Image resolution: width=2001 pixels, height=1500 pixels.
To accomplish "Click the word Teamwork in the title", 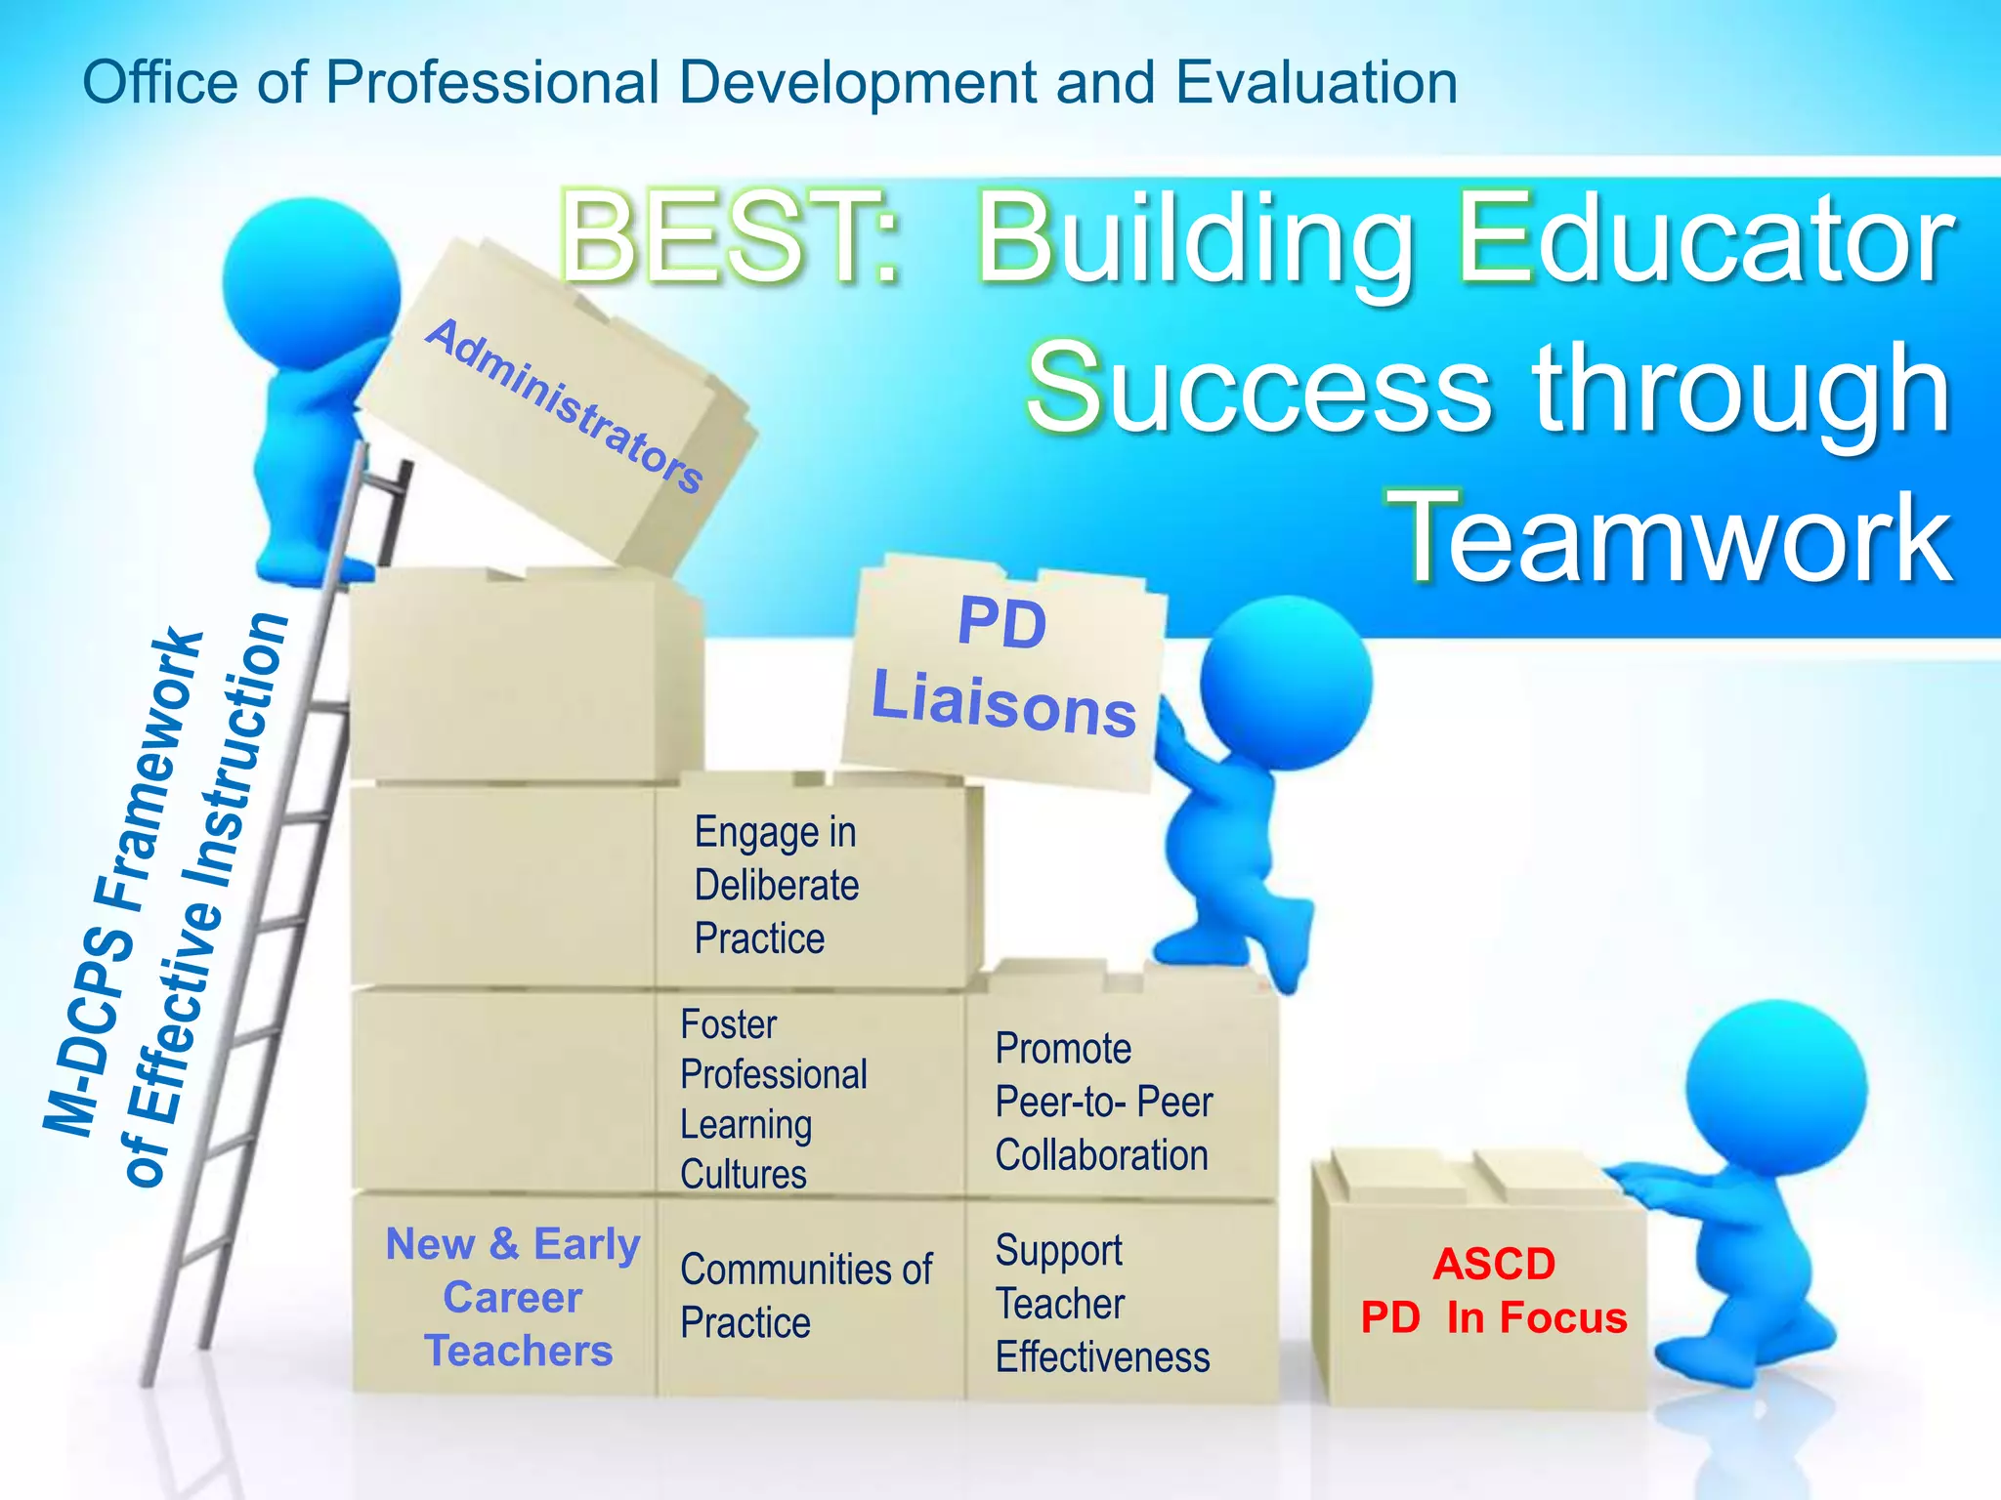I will point(1673,537).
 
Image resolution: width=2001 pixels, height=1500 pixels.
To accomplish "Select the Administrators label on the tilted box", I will point(565,405).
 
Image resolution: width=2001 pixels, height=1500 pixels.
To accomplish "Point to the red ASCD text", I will point(1494,1264).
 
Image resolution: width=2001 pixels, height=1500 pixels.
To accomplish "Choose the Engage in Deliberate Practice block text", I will point(777,885).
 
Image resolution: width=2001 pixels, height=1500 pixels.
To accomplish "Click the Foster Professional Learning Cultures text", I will point(773,1099).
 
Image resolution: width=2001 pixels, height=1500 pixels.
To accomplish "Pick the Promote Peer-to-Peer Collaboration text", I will point(1103,1102).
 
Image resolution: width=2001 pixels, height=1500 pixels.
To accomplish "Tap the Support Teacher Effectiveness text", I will point(1102,1304).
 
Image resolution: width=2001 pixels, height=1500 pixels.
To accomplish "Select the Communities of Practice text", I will point(806,1295).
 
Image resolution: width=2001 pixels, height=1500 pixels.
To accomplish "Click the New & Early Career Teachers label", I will point(514,1297).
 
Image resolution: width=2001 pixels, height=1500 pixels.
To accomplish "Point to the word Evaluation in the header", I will point(1316,82).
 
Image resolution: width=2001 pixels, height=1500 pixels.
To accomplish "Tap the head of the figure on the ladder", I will point(311,283).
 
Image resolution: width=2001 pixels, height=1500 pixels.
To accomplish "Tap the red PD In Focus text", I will point(1494,1317).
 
